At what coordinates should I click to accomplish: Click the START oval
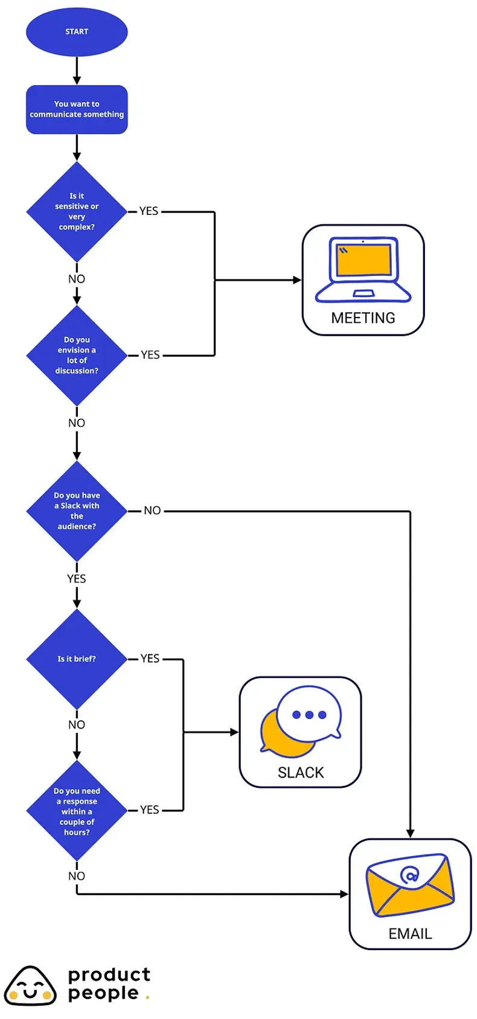77,31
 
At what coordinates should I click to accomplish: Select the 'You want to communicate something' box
77,109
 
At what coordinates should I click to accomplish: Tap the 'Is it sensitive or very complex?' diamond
77,211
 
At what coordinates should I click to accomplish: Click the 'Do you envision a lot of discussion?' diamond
77,356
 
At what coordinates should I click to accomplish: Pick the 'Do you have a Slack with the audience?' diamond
77,511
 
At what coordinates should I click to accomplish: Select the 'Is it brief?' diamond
77,659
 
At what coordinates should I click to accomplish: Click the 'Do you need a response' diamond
77,811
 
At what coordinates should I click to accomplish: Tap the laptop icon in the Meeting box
363,269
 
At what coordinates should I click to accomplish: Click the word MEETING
363,318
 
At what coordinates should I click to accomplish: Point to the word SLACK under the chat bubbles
301,773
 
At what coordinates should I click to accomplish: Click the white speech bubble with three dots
310,714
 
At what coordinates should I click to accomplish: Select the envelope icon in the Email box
410,884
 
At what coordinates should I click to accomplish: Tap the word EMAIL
410,934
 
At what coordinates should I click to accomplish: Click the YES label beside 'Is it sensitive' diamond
149,211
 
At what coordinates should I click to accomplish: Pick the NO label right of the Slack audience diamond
152,511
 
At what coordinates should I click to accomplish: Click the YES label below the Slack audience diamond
77,579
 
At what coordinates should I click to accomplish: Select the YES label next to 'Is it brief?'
150,659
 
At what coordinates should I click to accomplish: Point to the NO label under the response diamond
77,876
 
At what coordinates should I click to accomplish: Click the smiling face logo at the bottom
30,986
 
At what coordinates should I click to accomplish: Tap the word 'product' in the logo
109,975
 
